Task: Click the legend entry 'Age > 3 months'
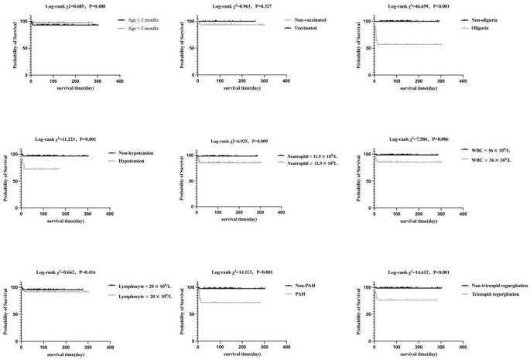click(144, 28)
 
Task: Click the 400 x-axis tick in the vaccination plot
click(286, 80)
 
